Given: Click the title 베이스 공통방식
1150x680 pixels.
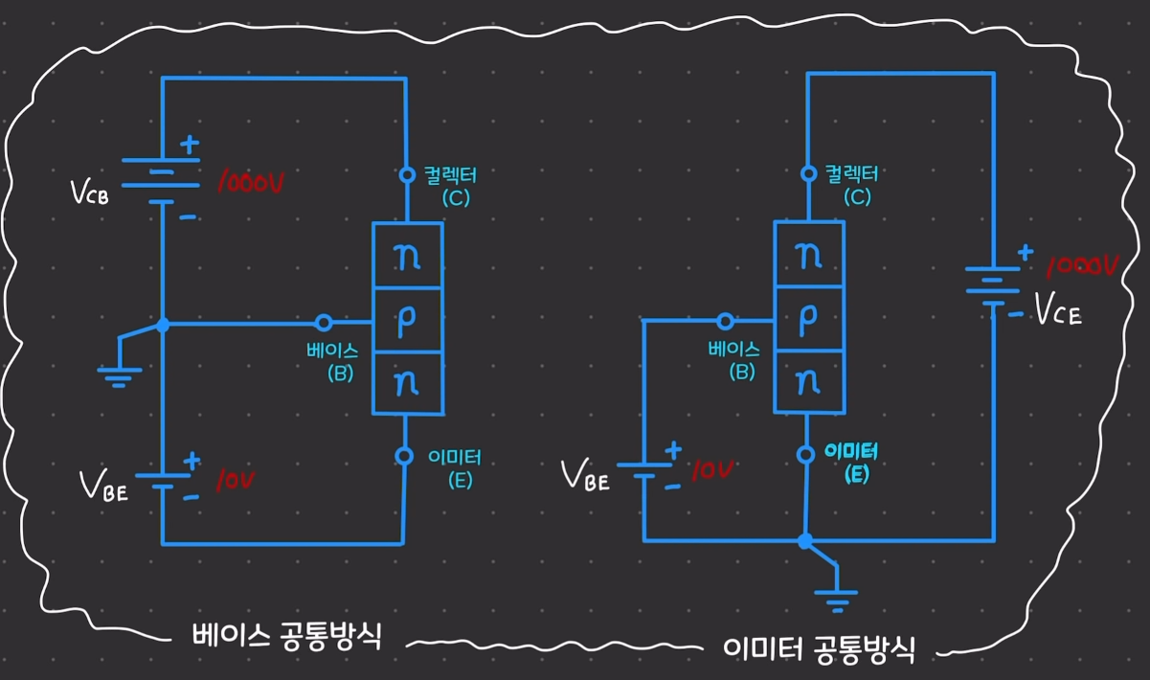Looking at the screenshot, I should tap(286, 637).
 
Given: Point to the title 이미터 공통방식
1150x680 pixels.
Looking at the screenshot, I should tap(820, 651).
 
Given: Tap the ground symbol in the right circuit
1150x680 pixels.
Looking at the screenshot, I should tap(836, 600).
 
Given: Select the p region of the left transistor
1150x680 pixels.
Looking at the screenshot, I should tap(406, 321).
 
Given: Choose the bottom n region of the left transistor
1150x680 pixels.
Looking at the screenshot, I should tap(406, 383).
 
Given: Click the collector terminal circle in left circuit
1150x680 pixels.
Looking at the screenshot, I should tap(406, 175).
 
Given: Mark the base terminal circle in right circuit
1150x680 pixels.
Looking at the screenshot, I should tap(726, 322).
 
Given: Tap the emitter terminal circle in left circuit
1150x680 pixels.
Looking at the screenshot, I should tap(405, 455).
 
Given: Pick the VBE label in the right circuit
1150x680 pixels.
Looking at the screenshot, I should tap(585, 476).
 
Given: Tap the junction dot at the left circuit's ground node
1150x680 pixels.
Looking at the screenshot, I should tap(163, 326).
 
